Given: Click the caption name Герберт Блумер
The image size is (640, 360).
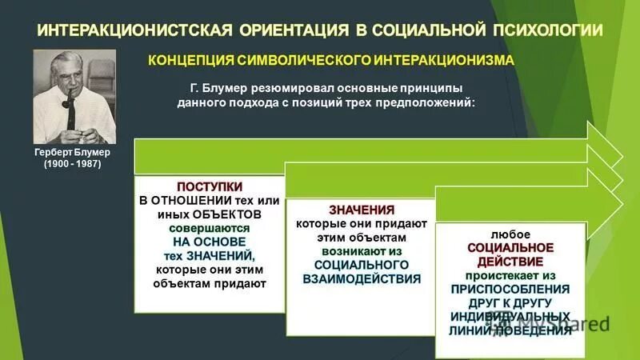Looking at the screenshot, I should pos(72,152).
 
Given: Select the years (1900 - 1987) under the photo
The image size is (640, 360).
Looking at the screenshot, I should pos(72,164).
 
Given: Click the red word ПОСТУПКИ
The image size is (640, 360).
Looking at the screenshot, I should pos(209,186).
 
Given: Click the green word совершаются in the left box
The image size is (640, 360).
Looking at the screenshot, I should pos(209,227).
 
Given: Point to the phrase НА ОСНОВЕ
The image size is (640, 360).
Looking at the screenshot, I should pos(209,241).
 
